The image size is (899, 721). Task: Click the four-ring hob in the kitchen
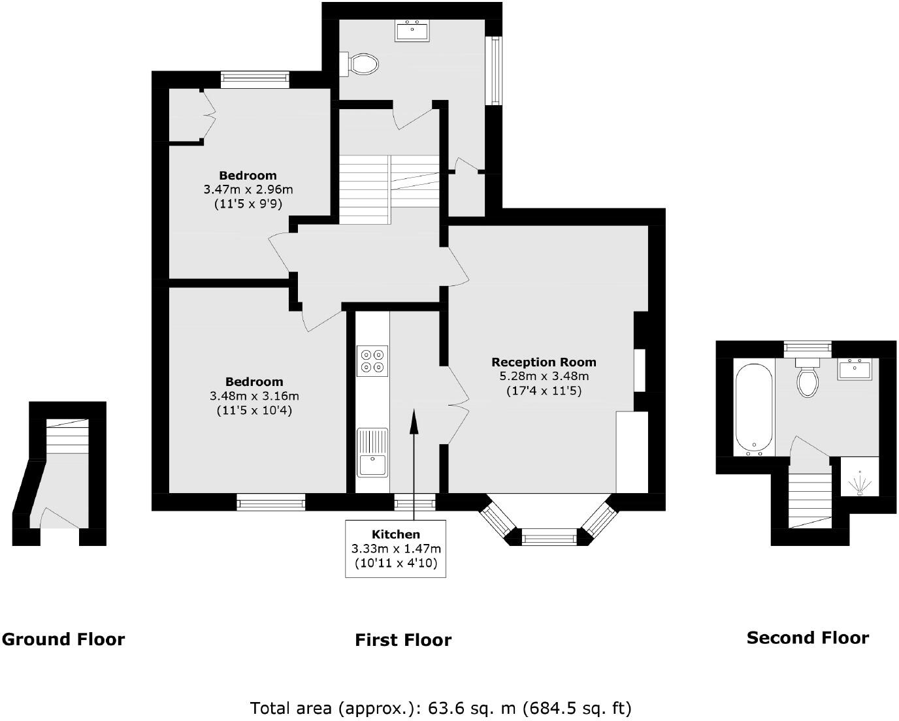(x=372, y=360)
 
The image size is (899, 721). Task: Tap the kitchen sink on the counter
(x=372, y=452)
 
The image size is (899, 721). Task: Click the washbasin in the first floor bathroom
(x=412, y=31)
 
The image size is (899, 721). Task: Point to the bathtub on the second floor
(x=754, y=409)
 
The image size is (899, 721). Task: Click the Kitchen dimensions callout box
(x=395, y=549)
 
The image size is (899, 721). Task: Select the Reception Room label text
(x=544, y=362)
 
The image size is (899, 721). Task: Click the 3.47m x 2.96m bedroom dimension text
(x=248, y=189)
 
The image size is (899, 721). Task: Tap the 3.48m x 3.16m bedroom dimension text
(x=254, y=396)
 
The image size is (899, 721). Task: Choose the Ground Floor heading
(x=63, y=639)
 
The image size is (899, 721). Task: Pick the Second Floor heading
(x=808, y=637)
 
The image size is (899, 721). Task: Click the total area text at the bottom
(x=441, y=707)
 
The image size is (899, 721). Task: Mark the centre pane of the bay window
(x=549, y=539)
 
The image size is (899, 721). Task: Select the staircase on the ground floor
(x=67, y=436)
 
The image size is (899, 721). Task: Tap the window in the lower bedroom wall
(x=270, y=502)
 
